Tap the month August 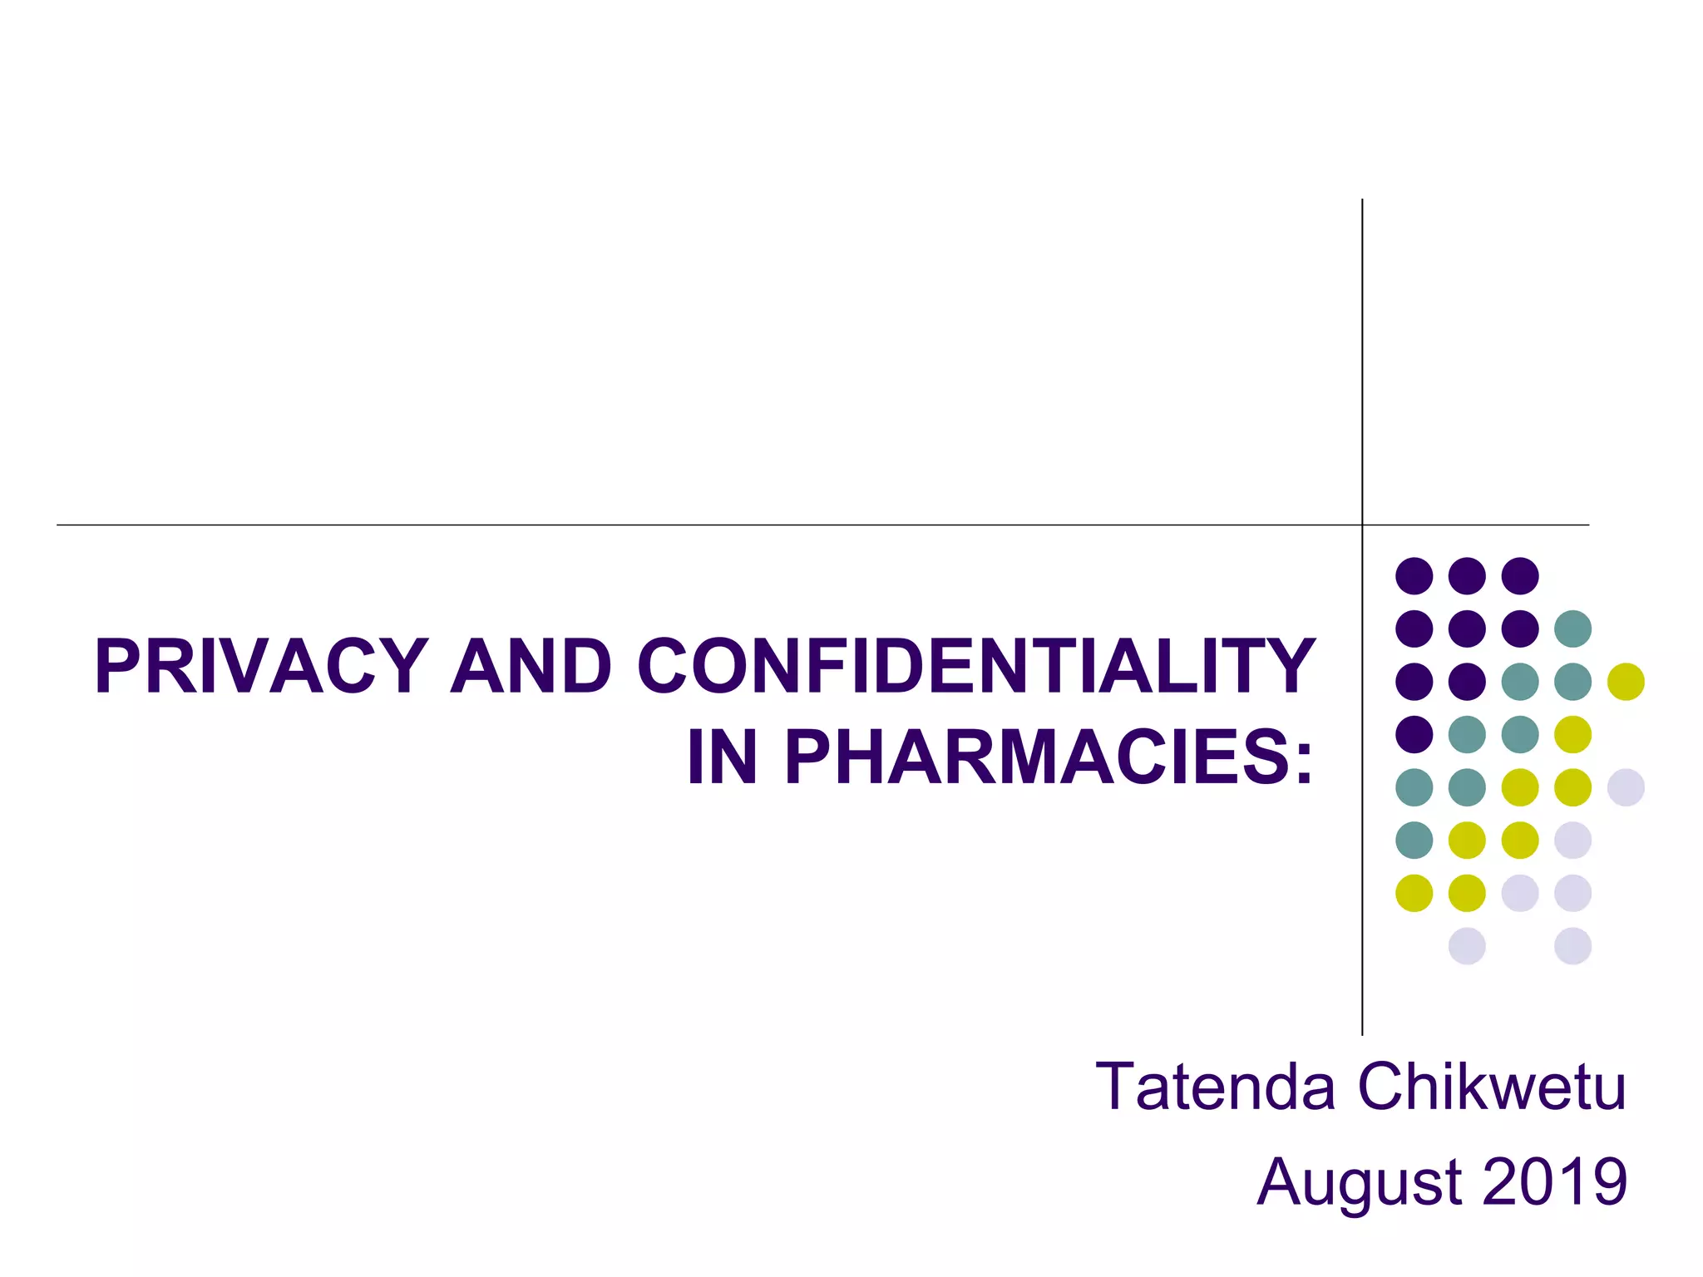tap(1360, 1182)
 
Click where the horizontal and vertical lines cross tap(1362, 525)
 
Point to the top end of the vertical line tap(1362, 200)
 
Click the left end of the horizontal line tap(58, 525)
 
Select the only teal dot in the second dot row tap(1572, 629)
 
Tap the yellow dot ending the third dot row tap(1626, 682)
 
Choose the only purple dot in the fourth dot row tap(1414, 734)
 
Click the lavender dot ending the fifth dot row tap(1626, 787)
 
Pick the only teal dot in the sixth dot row tap(1414, 840)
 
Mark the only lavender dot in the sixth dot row tap(1572, 840)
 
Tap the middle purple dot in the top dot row tap(1467, 575)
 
